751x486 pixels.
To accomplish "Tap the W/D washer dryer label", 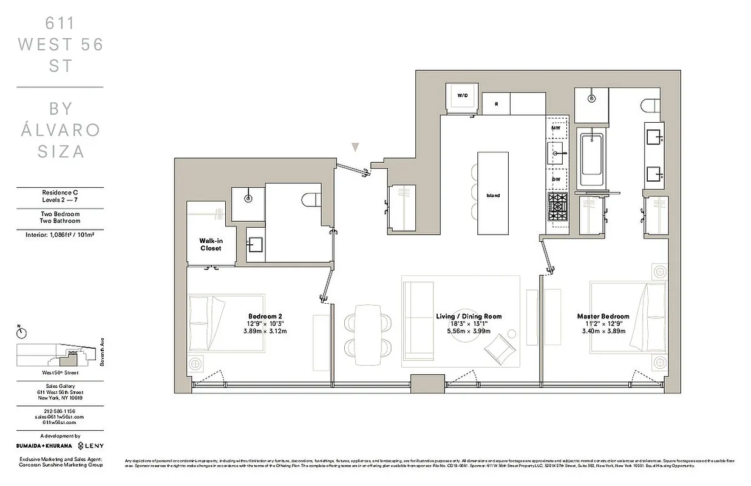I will [x=463, y=95].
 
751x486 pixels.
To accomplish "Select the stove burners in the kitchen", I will [x=557, y=207].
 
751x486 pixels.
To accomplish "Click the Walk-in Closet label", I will [x=211, y=244].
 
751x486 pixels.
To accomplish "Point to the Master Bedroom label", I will [x=603, y=317].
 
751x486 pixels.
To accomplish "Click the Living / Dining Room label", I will [x=469, y=317].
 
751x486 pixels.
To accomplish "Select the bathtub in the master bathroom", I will [x=591, y=160].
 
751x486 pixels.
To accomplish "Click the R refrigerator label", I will [x=496, y=104].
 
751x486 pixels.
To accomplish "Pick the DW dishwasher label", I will [x=556, y=179].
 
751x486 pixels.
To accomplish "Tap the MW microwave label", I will [x=556, y=128].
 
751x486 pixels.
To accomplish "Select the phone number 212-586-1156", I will [x=59, y=411].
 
